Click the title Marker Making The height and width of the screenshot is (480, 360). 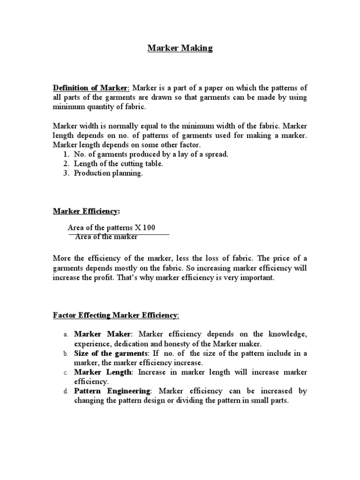pos(180,48)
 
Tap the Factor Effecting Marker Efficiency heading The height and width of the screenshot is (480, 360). pos(115,316)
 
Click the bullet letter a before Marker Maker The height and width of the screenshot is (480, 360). pos(66,335)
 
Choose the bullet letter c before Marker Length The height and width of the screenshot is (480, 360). pos(66,373)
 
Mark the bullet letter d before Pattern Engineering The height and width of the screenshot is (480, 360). pos(66,391)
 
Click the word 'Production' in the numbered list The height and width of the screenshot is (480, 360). pos(91,173)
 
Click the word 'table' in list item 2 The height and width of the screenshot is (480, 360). pos(153,164)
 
